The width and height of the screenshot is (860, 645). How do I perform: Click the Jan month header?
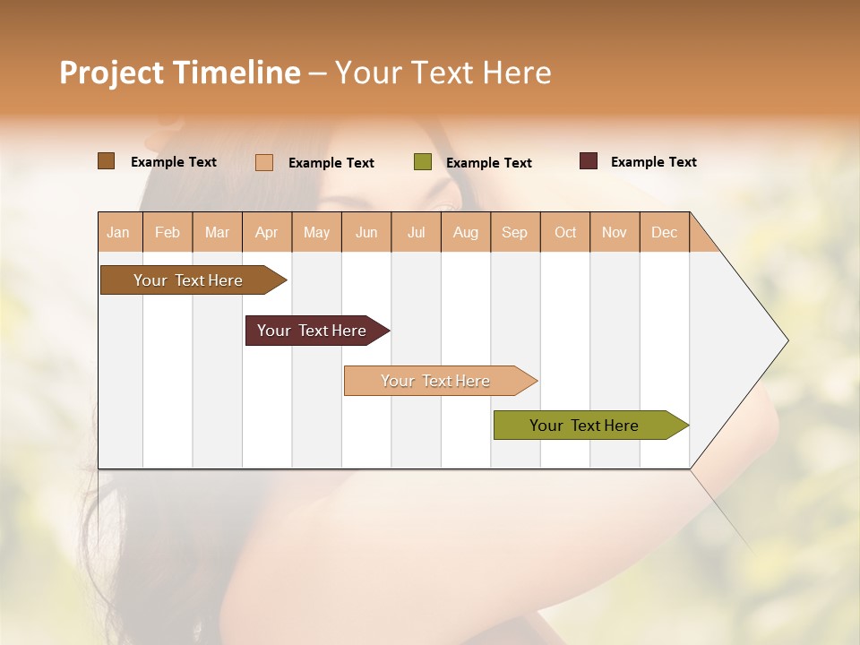coord(119,232)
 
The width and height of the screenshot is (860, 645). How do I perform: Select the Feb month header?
coord(168,232)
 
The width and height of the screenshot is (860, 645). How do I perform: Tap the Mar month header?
coord(217,232)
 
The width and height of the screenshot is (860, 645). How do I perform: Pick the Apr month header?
coord(267,232)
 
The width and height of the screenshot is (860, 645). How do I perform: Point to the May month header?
coord(316,232)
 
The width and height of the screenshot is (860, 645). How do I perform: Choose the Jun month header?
coord(366,232)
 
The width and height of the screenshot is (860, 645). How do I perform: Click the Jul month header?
coord(416,232)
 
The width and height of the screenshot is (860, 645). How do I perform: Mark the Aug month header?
coord(466,232)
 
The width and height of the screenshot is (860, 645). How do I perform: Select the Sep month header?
coord(515,232)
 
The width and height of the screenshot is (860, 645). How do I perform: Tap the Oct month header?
coord(565,232)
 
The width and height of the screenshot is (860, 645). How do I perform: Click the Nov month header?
coord(615,232)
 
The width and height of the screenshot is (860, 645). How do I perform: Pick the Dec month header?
coord(665,232)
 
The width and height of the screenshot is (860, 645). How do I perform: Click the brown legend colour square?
coord(107,161)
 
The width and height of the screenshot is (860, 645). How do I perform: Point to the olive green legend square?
coord(423,162)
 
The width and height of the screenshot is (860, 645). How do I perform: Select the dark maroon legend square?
coord(589,161)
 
